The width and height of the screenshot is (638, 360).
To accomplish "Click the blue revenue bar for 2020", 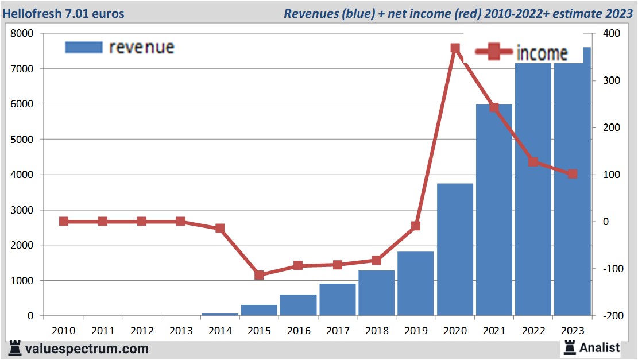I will click(455, 250).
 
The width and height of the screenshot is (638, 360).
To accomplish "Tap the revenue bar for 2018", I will click(377, 293).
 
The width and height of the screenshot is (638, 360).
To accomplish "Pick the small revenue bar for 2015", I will click(259, 310).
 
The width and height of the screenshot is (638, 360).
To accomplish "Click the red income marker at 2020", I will click(455, 49).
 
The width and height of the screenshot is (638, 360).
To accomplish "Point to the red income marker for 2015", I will click(259, 275).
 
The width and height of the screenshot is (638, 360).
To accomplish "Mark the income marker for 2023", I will click(573, 174).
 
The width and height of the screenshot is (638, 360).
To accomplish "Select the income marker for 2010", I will click(64, 222).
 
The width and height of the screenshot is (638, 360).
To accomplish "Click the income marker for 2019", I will click(416, 226).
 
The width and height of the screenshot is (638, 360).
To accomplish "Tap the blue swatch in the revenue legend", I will click(84, 47).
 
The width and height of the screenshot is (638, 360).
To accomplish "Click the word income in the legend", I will click(542, 53).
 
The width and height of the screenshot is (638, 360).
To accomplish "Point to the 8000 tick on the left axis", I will click(22, 33).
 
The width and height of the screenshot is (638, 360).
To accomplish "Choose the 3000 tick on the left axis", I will click(22, 210).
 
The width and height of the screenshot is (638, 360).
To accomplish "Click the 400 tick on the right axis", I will click(611, 33).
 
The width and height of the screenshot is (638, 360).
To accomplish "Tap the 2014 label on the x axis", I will click(220, 331).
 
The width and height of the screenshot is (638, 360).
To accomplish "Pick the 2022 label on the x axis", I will click(533, 331).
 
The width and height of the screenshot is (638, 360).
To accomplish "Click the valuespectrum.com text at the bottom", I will click(87, 348).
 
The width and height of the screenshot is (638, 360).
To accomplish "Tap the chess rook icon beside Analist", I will click(570, 347).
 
